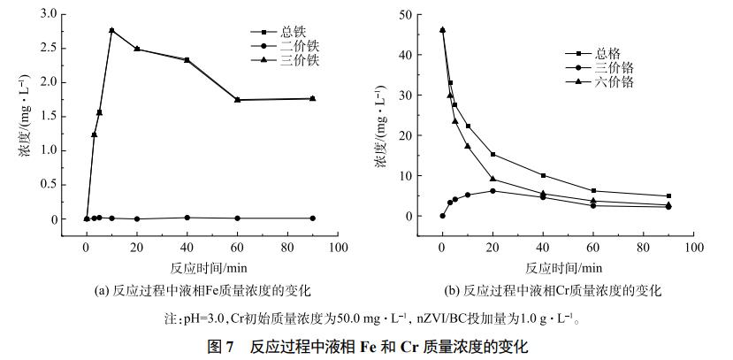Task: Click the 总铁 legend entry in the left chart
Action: [x=282, y=32]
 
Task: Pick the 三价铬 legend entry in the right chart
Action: [x=615, y=67]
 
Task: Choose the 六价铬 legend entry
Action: [x=615, y=81]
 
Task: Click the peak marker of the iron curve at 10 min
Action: [x=111, y=30]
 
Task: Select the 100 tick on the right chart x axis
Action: [x=694, y=247]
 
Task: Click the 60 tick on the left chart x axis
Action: [x=238, y=247]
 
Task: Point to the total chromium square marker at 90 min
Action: [x=668, y=195]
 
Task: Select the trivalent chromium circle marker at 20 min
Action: [x=492, y=191]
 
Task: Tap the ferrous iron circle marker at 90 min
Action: [x=313, y=218]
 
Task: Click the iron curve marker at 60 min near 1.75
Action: [x=238, y=100]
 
